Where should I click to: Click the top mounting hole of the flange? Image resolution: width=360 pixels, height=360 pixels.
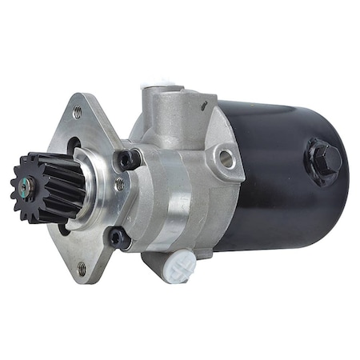coord(77,113)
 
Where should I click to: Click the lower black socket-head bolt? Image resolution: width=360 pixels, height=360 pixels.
coord(118,236)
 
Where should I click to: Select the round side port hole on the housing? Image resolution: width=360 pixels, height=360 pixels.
coord(227,158)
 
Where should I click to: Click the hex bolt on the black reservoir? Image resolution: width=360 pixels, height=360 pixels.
coord(327,159)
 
